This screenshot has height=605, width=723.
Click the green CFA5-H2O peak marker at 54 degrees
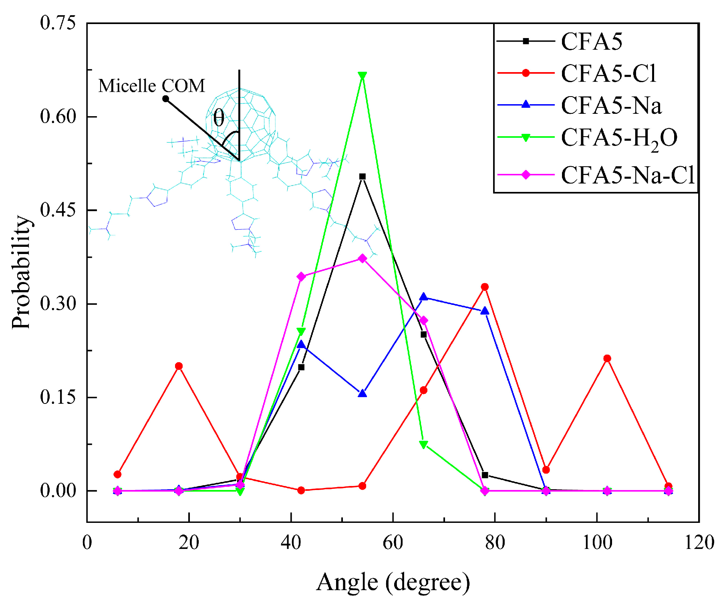click(362, 76)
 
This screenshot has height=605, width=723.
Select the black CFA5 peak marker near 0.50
click(362, 176)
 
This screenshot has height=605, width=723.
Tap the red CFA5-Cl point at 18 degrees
click(179, 366)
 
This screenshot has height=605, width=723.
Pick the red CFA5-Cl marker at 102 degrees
click(607, 358)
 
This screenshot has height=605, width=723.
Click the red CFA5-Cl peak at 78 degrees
click(485, 287)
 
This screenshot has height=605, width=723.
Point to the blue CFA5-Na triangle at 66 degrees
click(423, 297)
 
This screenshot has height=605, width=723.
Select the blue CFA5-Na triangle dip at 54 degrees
click(362, 394)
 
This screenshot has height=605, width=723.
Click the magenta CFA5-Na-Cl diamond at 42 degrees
click(301, 276)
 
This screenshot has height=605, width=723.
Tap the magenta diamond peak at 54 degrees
click(362, 258)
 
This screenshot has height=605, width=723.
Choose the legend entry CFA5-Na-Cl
click(627, 175)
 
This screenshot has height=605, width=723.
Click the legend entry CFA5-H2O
click(619, 138)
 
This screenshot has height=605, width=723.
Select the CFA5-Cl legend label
click(608, 73)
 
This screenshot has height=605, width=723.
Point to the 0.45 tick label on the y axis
click(58, 210)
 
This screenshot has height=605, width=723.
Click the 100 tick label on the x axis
click(597, 542)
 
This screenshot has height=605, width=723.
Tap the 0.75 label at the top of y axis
click(58, 23)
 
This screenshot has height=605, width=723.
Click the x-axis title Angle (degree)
click(393, 582)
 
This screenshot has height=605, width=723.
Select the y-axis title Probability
click(21, 272)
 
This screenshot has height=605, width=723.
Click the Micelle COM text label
click(151, 86)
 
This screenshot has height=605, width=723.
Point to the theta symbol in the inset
click(219, 118)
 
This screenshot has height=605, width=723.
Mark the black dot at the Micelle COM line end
click(165, 99)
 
